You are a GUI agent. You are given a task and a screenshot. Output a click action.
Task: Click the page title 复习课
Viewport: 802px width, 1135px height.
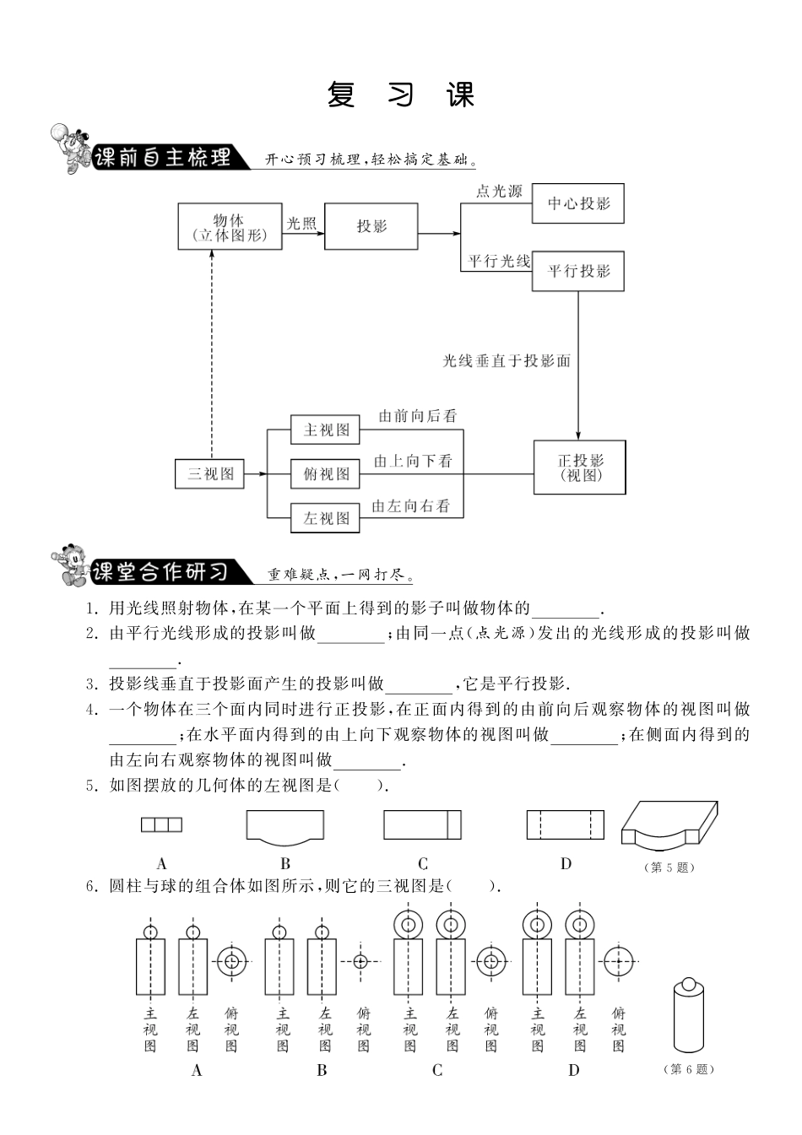click(400, 95)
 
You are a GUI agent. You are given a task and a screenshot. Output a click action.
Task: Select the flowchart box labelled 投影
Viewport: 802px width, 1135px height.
click(371, 226)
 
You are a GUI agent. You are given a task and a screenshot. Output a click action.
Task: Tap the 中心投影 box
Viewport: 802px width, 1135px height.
click(577, 203)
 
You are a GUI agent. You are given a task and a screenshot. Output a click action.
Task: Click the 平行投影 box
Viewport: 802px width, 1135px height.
click(577, 271)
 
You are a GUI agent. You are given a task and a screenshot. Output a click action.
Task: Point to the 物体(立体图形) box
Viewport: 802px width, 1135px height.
click(229, 226)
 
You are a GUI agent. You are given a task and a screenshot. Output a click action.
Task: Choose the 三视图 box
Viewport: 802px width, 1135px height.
click(209, 474)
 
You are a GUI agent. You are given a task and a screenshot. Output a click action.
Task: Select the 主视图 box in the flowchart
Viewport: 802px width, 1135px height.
click(325, 430)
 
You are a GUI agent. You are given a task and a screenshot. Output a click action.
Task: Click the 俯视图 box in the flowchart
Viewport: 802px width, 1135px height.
click(325, 474)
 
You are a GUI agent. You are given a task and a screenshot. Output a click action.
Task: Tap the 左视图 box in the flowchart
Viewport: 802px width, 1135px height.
click(325, 518)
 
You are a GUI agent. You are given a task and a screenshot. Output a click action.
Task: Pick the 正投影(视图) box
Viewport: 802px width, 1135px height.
click(579, 467)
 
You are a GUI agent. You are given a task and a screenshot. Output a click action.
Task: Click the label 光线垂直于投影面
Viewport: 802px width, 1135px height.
click(507, 361)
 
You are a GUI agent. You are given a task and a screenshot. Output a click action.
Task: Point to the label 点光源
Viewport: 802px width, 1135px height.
click(498, 192)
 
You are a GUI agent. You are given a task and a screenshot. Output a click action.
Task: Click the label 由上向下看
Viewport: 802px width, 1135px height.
click(413, 461)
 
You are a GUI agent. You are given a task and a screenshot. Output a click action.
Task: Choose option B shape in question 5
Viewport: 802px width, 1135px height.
click(285, 827)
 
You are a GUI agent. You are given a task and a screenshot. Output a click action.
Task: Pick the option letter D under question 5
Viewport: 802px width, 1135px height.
click(566, 863)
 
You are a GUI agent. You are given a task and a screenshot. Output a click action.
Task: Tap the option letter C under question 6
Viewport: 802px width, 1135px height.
click(436, 1070)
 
